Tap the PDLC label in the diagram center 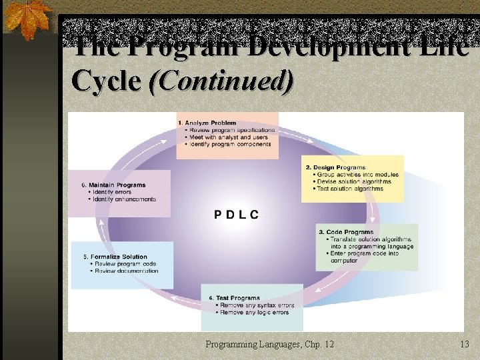click(237, 214)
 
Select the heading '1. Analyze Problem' click(207, 123)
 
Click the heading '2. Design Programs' click(335, 167)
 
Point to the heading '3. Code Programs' click(346, 232)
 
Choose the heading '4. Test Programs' click(234, 298)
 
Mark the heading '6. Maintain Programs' click(113, 185)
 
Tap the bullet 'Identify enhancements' click(124, 199)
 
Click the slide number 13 click(465, 344)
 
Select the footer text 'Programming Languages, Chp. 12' click(270, 344)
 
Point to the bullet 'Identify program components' click(230, 144)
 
